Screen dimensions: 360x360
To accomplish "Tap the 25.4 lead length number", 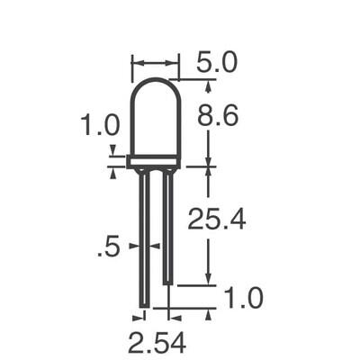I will click(x=216, y=219).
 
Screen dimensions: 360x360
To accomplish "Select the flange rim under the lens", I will click(x=154, y=162).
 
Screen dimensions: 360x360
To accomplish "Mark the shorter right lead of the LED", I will click(x=167, y=225).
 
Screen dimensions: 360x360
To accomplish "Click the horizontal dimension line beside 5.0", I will click(x=155, y=63).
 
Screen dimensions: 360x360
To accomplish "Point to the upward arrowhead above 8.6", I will click(x=209, y=86).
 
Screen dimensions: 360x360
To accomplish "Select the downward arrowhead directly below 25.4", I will click(x=209, y=280).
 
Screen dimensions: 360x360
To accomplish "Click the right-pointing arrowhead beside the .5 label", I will click(x=134, y=245).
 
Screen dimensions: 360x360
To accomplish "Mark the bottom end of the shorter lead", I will click(x=167, y=284).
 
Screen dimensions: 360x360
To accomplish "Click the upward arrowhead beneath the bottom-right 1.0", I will click(x=209, y=312).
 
